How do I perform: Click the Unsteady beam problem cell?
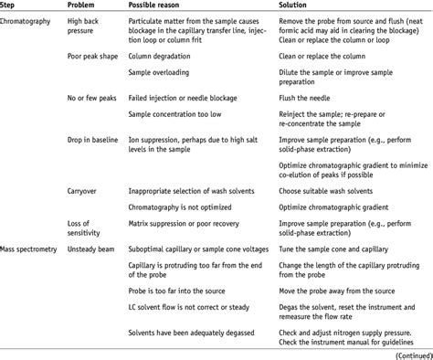pos(92,248)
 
